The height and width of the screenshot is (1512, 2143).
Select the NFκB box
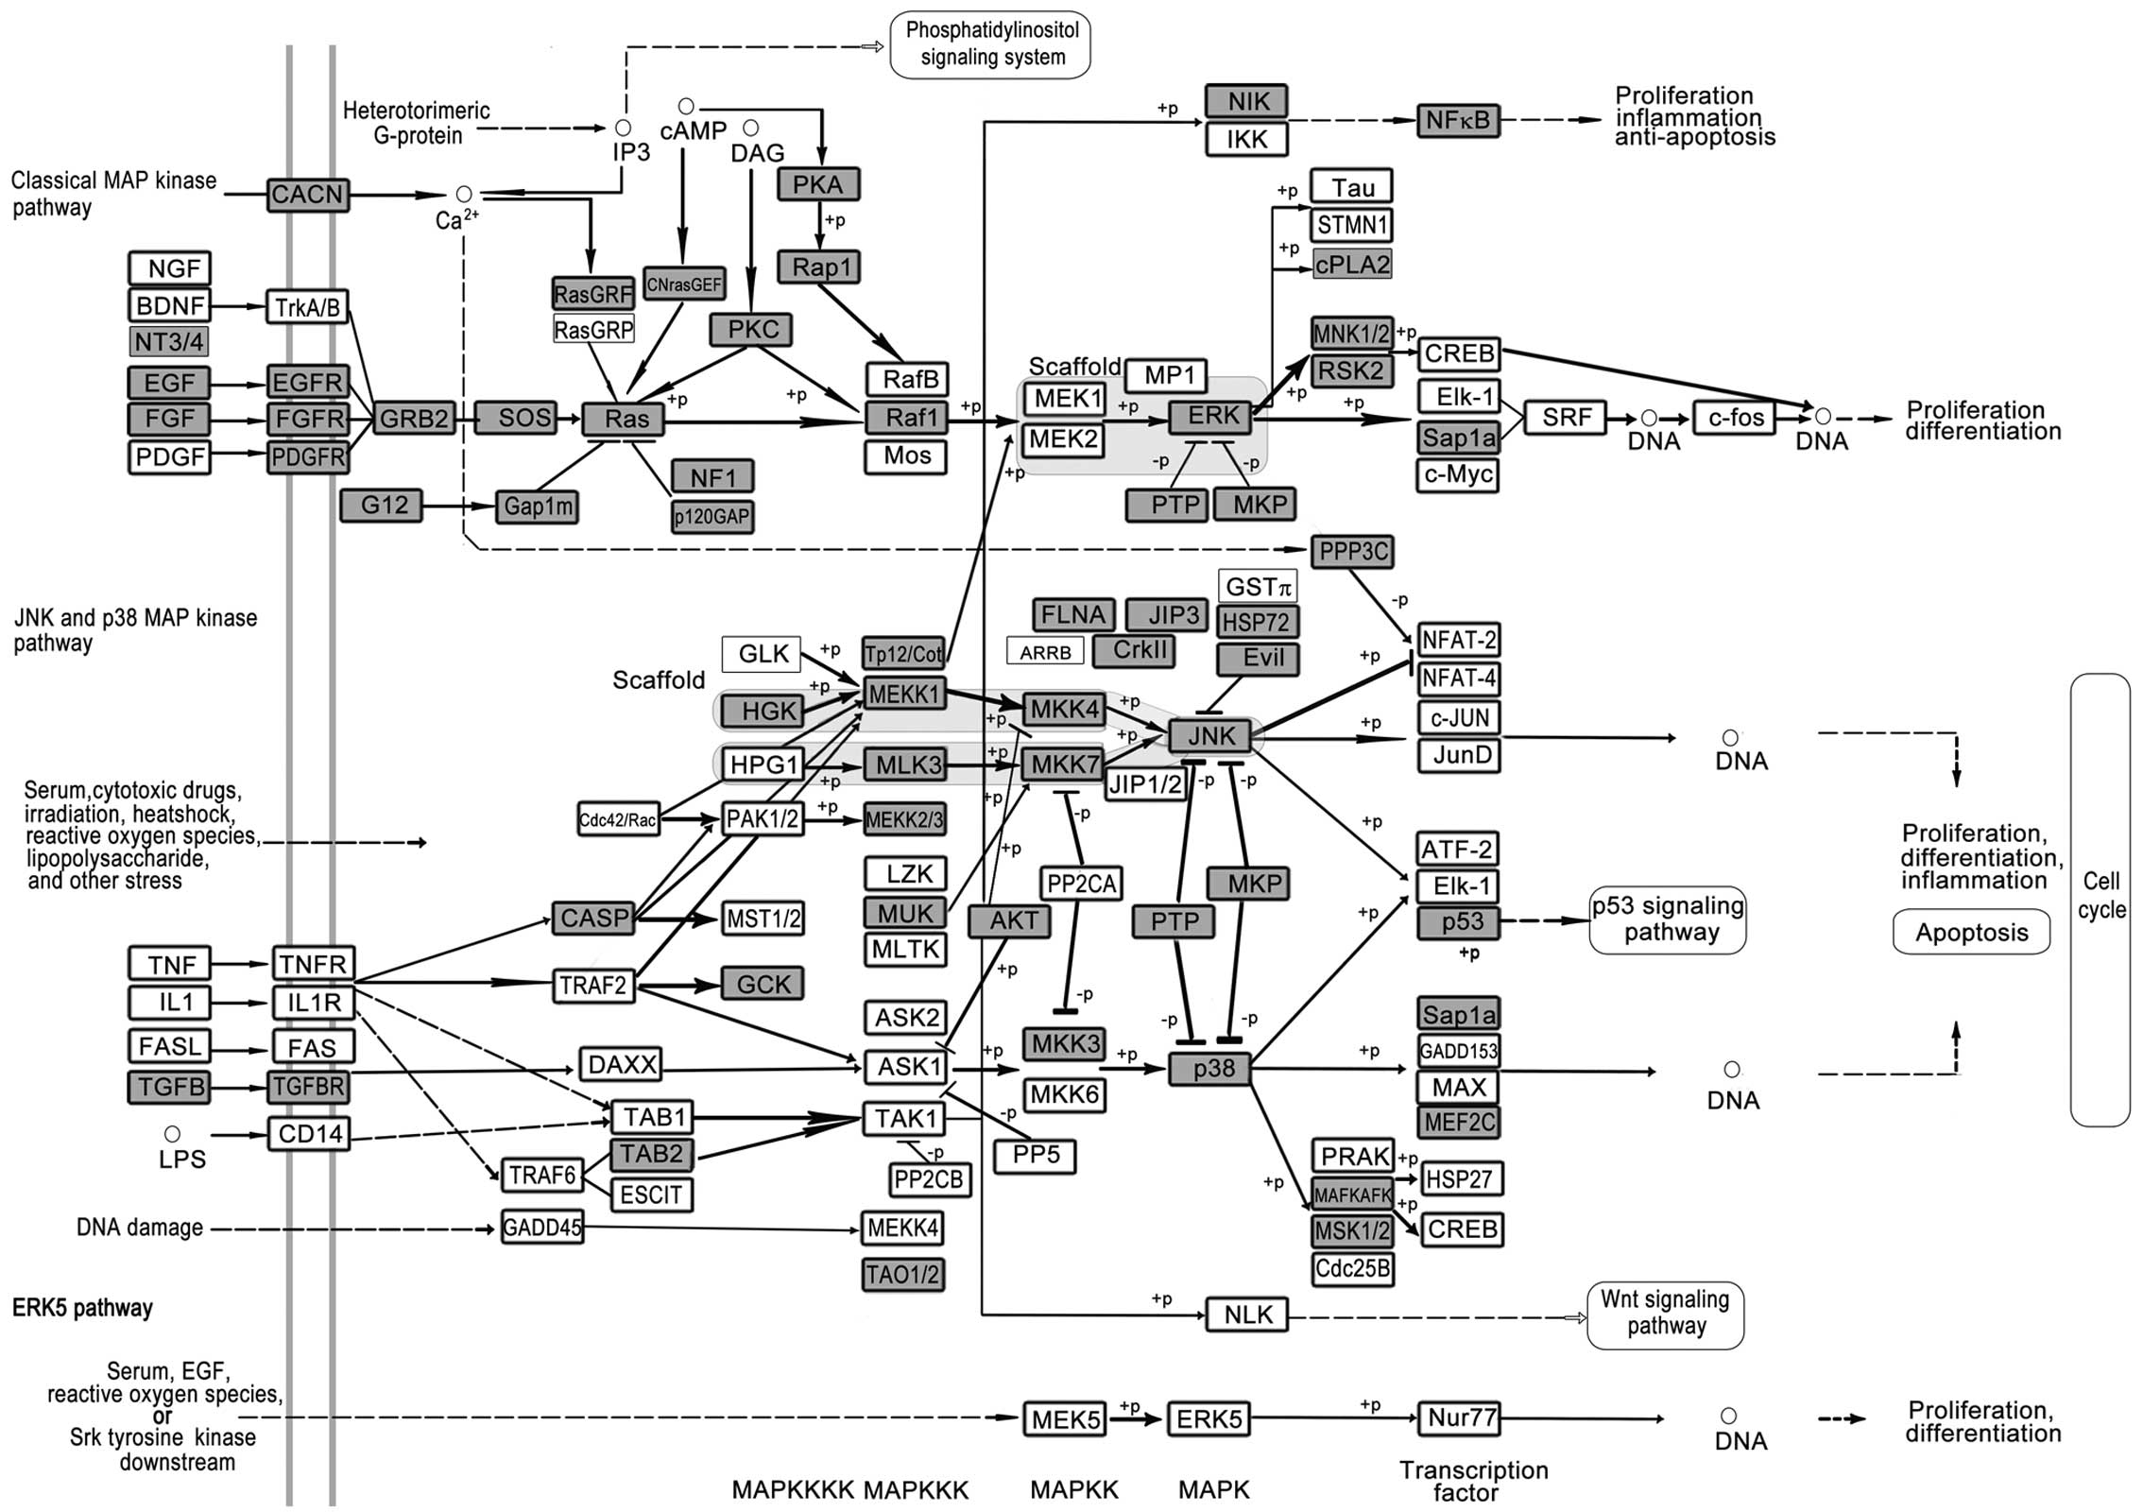pos(1458,120)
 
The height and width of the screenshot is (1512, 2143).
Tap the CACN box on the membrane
pos(307,195)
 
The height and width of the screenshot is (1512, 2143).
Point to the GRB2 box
pos(414,418)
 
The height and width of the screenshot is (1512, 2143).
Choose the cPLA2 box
pos(1352,265)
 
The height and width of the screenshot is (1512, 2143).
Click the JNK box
pos(1211,735)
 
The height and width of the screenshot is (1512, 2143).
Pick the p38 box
pos(1213,1068)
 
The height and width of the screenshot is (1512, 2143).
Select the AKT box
pos(1009,920)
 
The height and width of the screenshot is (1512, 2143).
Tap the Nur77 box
pos(1459,1417)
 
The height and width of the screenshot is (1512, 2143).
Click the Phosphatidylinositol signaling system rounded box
pos(990,43)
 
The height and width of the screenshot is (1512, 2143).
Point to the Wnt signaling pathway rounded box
pos(1666,1314)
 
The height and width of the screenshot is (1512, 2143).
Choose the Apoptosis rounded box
pos(1971,932)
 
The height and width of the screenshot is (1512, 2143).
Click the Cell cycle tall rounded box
pos(2100,898)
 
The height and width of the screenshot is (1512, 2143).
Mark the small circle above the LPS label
pos(172,1133)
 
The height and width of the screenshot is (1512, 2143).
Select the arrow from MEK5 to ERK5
pos(1137,1418)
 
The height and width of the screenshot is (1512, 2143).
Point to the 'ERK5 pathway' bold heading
pos(82,1308)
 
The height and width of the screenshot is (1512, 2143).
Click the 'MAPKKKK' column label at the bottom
pos(792,1489)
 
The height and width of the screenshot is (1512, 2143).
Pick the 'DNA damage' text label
pos(140,1228)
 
